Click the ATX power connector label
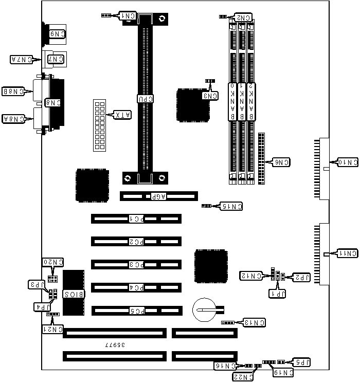pos(123,115)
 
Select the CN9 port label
pos(56,34)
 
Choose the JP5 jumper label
pos(300,361)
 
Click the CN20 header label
pos(52,262)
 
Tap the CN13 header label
pos(255,323)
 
